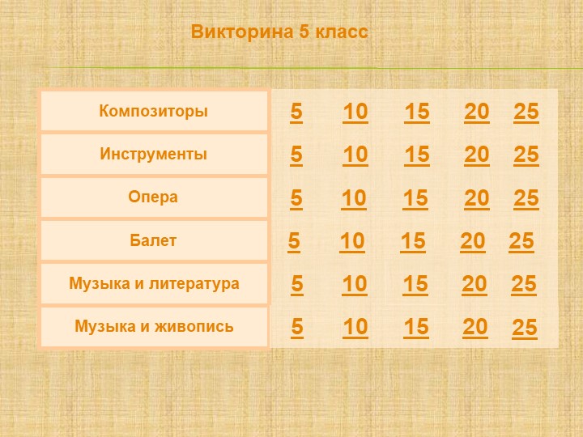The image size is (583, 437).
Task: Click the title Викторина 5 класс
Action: point(279,32)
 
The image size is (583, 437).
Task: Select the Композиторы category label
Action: point(154,111)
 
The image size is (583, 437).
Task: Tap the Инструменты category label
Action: point(154,154)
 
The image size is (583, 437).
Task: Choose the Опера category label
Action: point(154,197)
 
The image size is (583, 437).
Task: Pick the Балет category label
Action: point(154,240)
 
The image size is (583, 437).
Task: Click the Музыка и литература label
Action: point(154,284)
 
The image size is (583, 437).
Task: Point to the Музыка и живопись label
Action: point(154,327)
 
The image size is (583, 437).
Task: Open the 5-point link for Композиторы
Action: point(296,112)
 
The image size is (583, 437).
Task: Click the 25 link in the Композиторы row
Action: point(526,112)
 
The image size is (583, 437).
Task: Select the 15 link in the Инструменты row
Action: point(417,154)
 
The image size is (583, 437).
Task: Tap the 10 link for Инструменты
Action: point(355,154)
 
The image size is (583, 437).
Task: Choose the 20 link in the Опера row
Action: point(477,197)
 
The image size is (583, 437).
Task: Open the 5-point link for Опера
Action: point(296,197)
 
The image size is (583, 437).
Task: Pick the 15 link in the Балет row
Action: point(413,241)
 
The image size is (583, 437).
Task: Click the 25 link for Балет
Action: point(521,241)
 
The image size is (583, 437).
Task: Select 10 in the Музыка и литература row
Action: point(355,284)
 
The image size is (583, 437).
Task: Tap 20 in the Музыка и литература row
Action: point(474,284)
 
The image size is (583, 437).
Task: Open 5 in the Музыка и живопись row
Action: point(297,327)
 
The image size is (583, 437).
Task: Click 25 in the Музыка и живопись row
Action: point(525,328)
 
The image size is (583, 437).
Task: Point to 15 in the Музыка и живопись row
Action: point(416,327)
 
